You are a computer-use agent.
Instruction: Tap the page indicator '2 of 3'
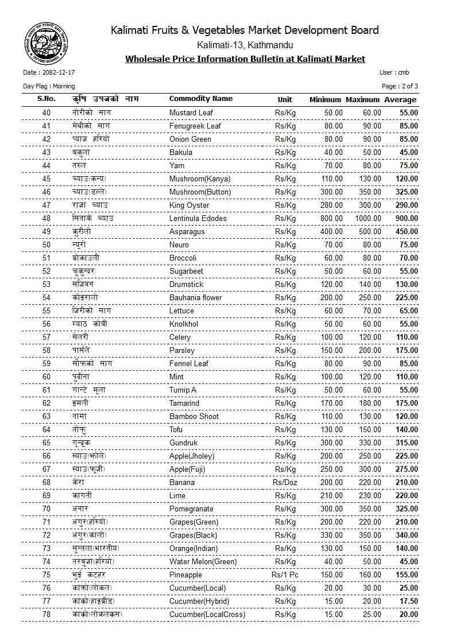409,86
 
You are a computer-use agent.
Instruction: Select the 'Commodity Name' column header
200,99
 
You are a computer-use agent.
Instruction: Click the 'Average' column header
400,100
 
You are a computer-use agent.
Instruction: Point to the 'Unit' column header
285,99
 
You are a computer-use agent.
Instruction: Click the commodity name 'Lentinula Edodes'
198,218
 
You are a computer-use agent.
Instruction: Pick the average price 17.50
408,601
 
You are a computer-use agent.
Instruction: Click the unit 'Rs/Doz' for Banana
285,482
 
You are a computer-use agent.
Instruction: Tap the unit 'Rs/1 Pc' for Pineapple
285,575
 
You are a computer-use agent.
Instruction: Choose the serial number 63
47,416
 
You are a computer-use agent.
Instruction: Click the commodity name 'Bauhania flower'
195,297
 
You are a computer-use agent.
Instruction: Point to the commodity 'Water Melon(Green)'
203,561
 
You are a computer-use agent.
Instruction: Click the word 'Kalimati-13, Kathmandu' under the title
245,45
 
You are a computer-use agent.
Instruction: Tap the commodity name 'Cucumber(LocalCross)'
207,614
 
